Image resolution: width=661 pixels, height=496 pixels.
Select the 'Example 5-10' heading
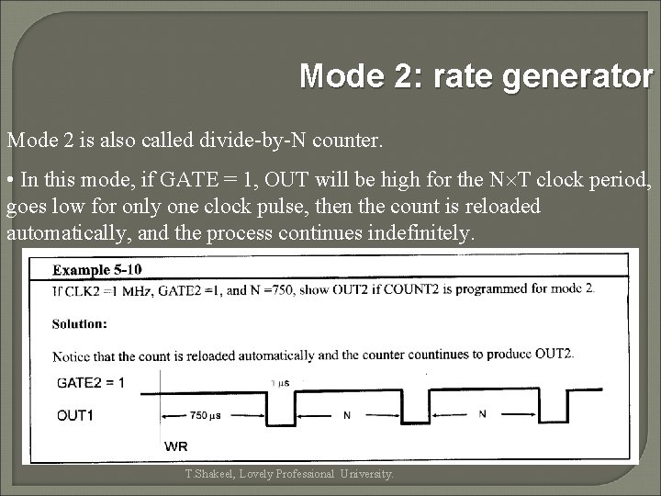tap(96, 270)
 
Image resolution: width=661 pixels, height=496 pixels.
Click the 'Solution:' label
tap(79, 323)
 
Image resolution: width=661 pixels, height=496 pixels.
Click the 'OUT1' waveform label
tap(75, 415)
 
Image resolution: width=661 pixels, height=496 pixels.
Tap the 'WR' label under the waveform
tap(176, 445)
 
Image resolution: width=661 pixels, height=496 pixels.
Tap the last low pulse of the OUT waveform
tap(554, 411)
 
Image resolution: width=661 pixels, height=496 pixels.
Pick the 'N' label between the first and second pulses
tap(346, 414)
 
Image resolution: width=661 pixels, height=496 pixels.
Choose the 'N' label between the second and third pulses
tap(483, 414)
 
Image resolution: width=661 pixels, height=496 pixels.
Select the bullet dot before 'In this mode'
tap(11, 179)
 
